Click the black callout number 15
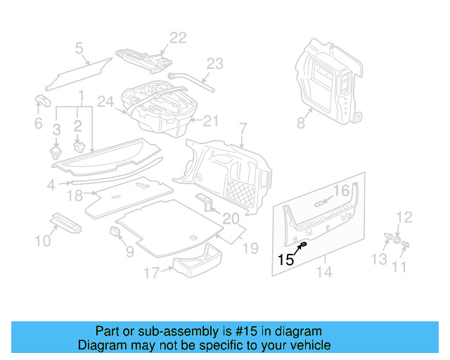click(285, 259)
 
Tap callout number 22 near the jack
click(178, 38)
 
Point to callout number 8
click(300, 122)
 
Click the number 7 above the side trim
click(243, 129)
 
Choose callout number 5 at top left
click(79, 48)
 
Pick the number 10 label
click(43, 241)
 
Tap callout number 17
click(152, 273)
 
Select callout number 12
click(404, 217)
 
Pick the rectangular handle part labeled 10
click(66, 222)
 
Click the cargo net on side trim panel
click(239, 188)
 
